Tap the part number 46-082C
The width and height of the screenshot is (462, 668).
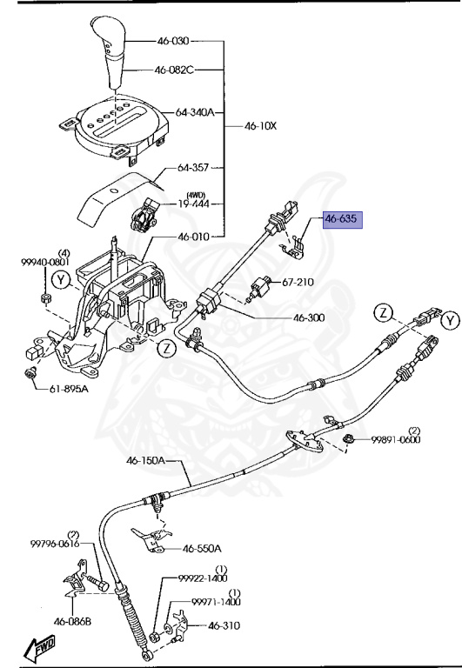(x=176, y=70)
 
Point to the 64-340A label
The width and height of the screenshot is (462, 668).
(x=195, y=112)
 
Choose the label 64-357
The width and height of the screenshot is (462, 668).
(x=194, y=168)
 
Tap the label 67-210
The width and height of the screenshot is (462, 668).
(x=298, y=282)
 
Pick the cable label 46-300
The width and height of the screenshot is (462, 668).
(x=310, y=318)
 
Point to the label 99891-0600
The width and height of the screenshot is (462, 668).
(x=397, y=440)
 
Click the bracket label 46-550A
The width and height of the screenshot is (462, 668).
(x=201, y=549)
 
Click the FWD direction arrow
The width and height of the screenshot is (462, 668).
(x=38, y=649)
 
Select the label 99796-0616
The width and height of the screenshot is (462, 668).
(x=55, y=544)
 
